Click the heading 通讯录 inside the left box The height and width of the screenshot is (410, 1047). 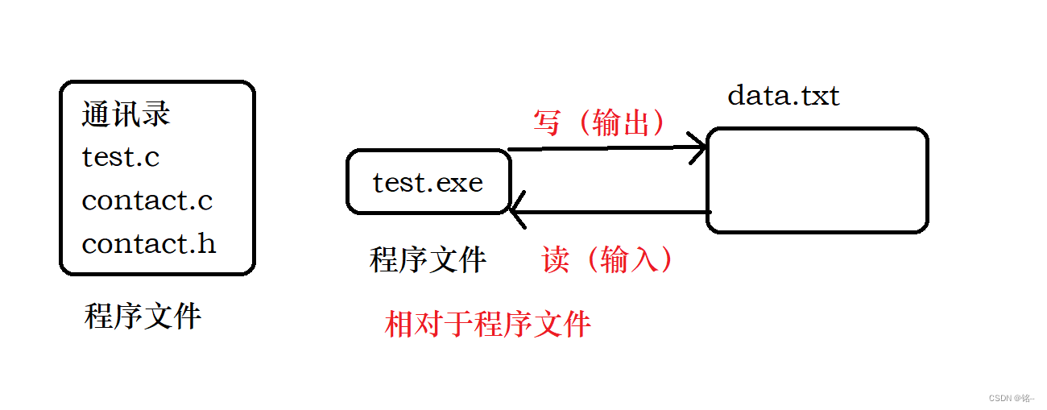[126, 115]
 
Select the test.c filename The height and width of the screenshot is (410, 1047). [121, 157]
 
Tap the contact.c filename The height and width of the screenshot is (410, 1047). [147, 200]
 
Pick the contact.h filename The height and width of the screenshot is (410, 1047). [149, 242]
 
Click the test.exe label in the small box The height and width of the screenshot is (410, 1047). [428, 183]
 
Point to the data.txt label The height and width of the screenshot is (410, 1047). [783, 96]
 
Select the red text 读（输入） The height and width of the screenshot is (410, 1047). [607, 259]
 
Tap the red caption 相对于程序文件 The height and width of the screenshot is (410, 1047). [488, 324]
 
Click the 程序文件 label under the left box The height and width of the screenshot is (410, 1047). [143, 317]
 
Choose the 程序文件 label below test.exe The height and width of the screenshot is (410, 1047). [428, 260]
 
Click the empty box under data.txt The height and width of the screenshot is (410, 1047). [817, 180]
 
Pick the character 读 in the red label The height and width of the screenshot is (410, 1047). [556, 259]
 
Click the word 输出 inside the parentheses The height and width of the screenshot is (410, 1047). [621, 122]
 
